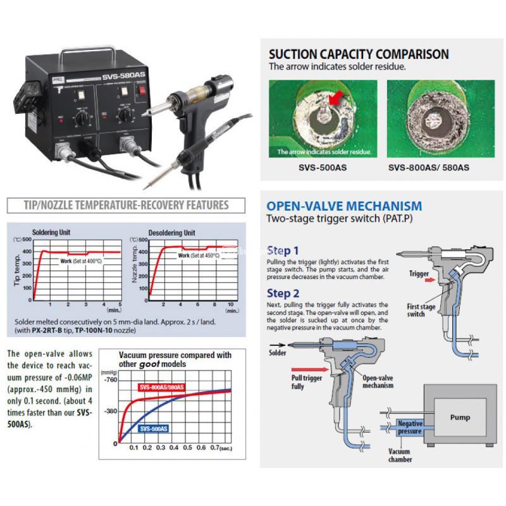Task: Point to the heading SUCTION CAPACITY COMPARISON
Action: (359, 54)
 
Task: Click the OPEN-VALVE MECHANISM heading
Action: (344, 206)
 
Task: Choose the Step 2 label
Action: (284, 293)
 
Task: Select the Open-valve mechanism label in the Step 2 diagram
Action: (378, 381)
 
